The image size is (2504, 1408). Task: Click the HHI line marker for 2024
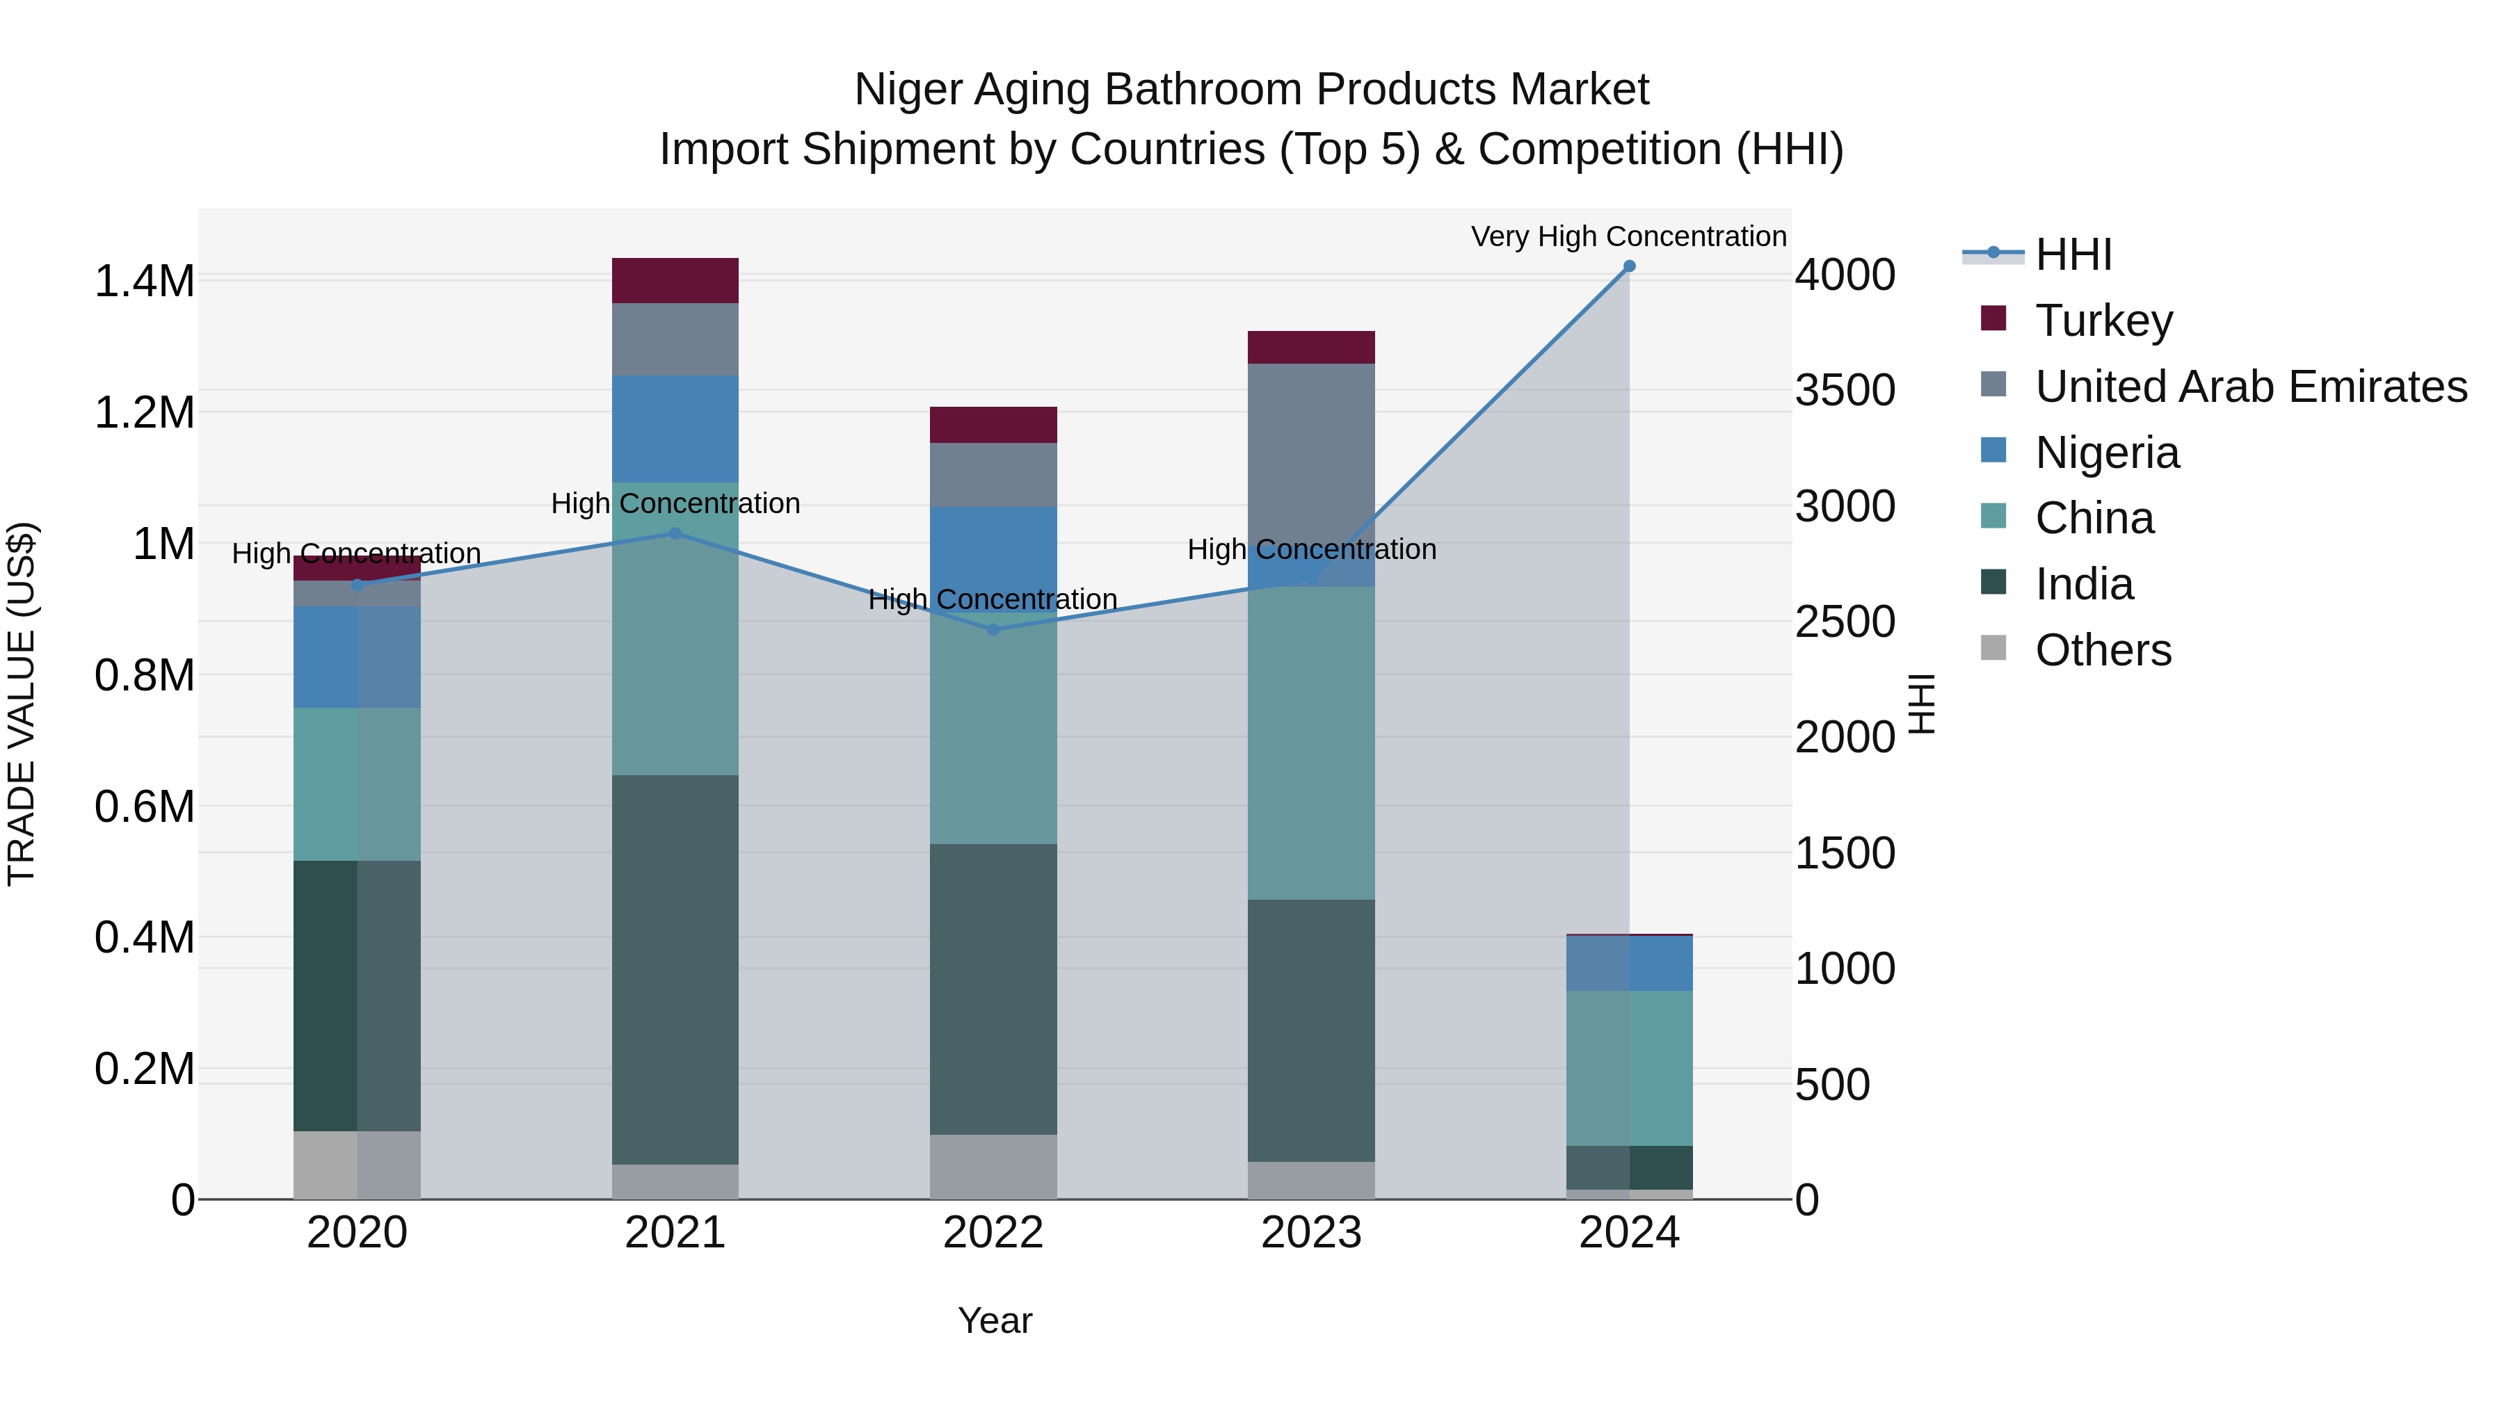pos(1629,266)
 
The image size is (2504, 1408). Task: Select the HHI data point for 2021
pos(675,533)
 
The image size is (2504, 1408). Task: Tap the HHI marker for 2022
pos(993,630)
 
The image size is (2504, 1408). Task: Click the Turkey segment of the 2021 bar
pos(675,281)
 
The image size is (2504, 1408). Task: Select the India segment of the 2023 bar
pos(1311,1030)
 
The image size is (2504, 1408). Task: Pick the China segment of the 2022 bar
pos(993,729)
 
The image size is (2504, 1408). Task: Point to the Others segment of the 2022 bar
pos(993,1166)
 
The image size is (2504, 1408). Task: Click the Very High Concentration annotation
pos(1628,236)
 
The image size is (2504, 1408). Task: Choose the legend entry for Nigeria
pos(2106,453)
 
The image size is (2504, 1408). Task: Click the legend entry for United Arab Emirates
pos(2250,387)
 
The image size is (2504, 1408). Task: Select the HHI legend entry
pos(2073,254)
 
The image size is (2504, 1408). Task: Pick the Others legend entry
pos(2103,650)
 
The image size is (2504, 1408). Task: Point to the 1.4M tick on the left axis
pos(144,282)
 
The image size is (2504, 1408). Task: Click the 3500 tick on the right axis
pos(1844,391)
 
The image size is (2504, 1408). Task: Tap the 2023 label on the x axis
pos(1311,1233)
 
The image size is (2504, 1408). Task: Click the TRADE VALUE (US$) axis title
pos(22,704)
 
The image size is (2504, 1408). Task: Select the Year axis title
pos(995,1320)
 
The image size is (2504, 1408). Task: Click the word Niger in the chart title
pos(909,90)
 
